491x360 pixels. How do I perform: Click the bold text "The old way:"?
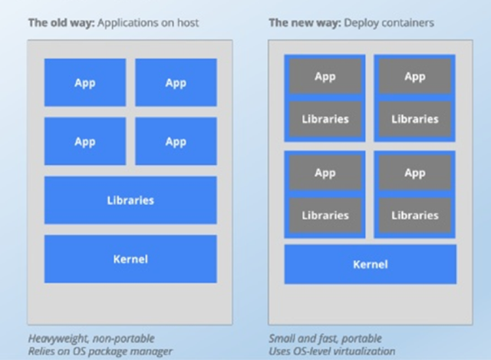click(x=61, y=23)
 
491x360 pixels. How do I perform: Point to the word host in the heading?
click(x=188, y=23)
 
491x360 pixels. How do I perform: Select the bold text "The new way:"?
click(x=305, y=23)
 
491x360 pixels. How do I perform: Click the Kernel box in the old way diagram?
click(x=130, y=259)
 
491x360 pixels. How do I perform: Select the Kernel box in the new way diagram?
click(x=371, y=265)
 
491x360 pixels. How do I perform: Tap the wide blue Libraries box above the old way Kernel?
click(x=130, y=200)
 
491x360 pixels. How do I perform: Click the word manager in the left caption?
click(x=151, y=352)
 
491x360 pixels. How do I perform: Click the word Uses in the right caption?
click(x=279, y=352)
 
